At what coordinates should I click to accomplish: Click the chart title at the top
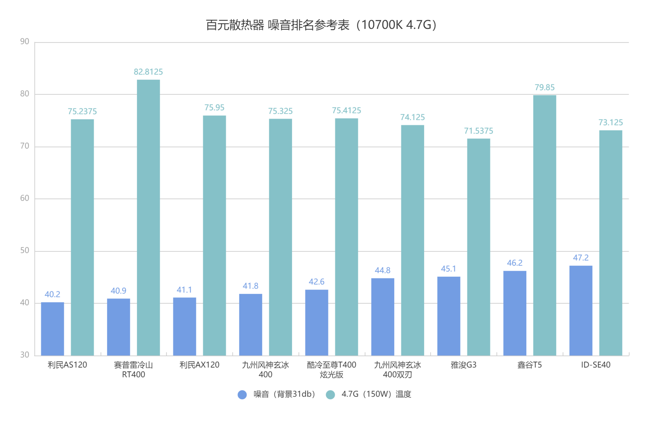point(321,25)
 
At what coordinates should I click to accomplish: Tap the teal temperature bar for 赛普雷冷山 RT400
point(148,218)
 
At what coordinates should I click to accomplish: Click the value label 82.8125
point(148,72)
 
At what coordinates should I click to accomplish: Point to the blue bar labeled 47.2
point(581,310)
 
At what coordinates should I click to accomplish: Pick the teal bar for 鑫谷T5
point(545,225)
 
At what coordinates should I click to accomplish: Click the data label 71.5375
point(478,131)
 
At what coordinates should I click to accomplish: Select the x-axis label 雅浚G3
point(463,365)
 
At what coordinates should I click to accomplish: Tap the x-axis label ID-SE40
point(596,365)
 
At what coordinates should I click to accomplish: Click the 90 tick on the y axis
point(25,42)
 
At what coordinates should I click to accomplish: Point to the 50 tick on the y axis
point(25,250)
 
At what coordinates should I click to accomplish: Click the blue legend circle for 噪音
point(242,395)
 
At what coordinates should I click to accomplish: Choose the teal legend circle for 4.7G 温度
point(330,395)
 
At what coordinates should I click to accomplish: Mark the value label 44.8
point(382,270)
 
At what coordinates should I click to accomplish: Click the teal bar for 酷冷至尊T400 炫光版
point(346,237)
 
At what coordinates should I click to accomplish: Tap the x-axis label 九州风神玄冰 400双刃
point(398,370)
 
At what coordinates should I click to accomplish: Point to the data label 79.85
point(545,87)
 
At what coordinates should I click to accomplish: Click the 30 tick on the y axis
point(25,355)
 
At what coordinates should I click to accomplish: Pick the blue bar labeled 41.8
point(250,325)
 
